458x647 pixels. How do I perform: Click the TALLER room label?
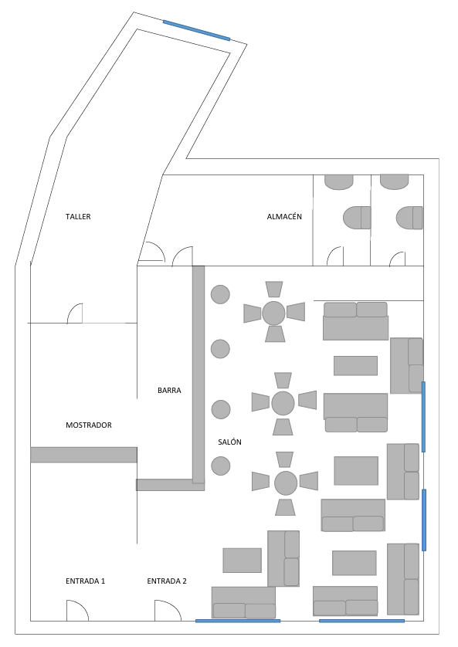coord(78,217)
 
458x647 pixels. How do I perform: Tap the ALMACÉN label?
coord(284,217)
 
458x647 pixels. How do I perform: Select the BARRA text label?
coord(169,391)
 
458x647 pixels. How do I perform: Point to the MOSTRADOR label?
coord(89,425)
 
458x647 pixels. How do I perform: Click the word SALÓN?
coord(229,442)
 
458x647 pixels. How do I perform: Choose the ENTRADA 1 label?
coord(85,581)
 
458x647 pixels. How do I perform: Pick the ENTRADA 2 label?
coord(167,581)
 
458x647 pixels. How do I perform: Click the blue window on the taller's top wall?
coord(197,30)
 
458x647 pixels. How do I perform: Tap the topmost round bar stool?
coord(221,294)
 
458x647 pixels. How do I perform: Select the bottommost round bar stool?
coord(221,466)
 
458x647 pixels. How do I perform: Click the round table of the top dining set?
coord(273,313)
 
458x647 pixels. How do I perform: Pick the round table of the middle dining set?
coord(283,403)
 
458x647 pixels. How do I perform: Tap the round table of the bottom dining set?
coord(286,483)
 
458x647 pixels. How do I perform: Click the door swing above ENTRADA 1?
coord(76,611)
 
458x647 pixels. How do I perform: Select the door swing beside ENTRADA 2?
coord(166,611)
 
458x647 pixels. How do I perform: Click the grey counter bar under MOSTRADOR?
coord(83,455)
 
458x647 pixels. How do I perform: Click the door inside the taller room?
coord(75,313)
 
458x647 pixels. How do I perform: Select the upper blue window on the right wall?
coord(423,416)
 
